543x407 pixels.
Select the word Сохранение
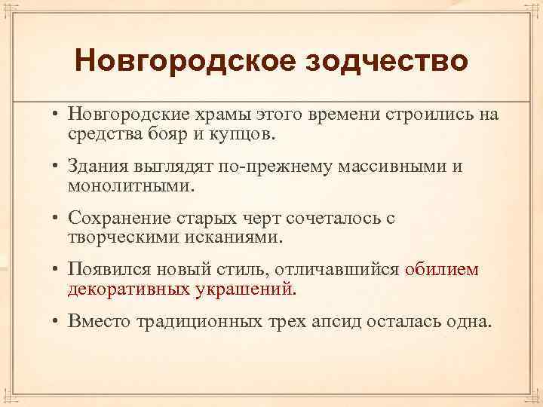pos(119,219)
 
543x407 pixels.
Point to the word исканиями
pos(238,238)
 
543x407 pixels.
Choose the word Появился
pos(109,271)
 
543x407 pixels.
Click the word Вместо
pos(100,322)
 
